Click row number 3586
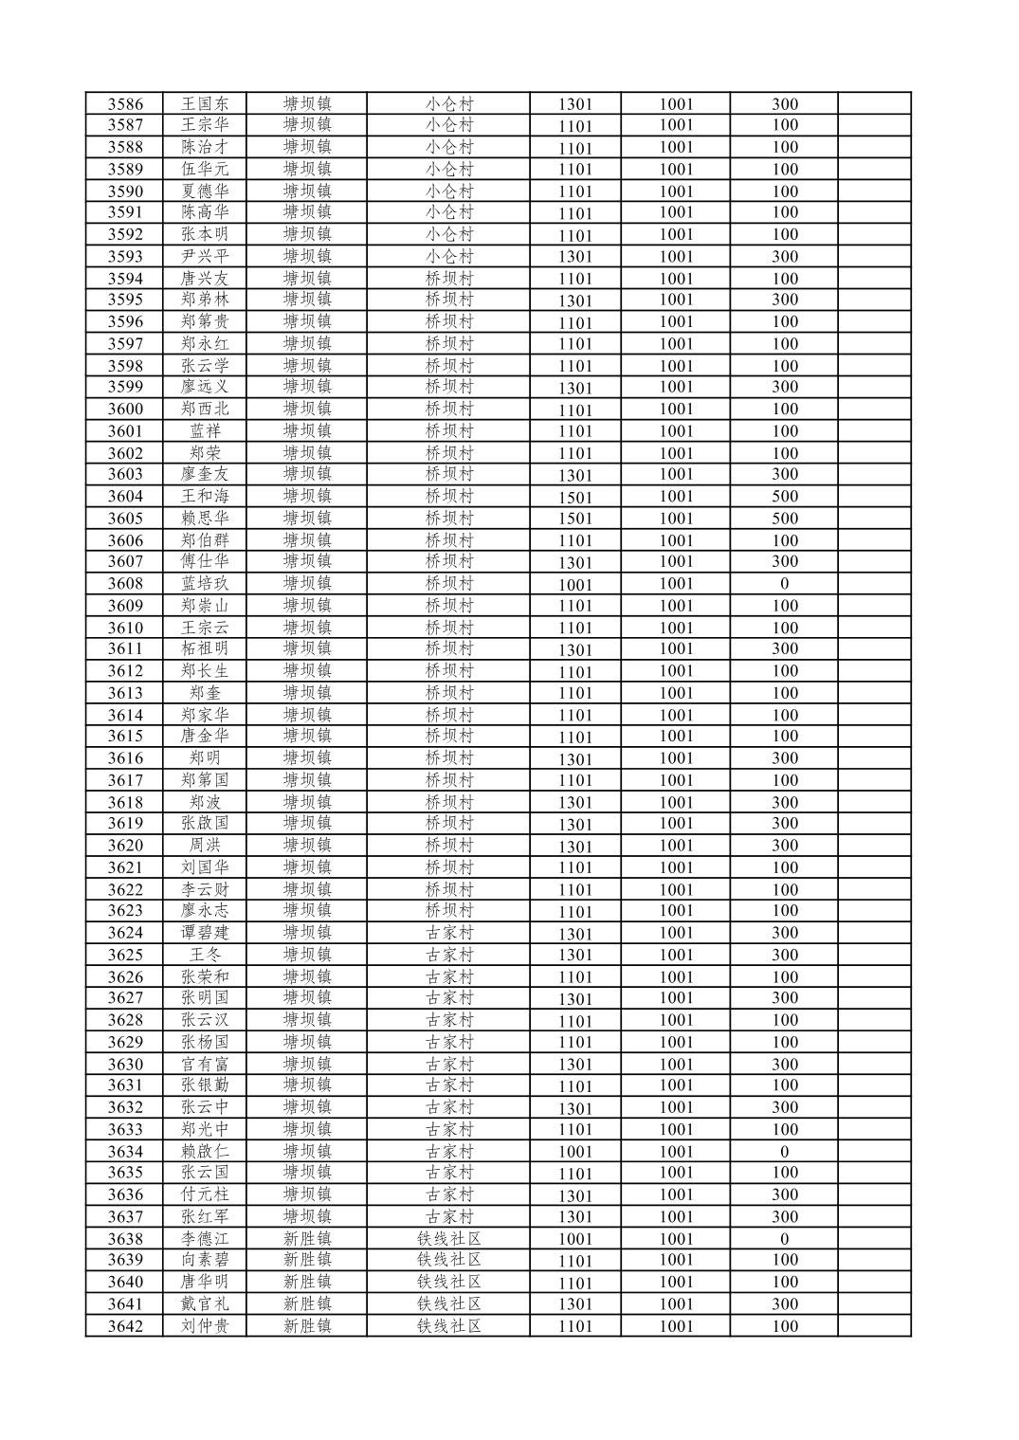(125, 104)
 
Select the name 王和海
(205, 496)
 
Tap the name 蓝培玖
(205, 583)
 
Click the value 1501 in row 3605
(574, 519)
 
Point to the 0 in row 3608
(784, 583)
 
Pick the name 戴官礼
(205, 1303)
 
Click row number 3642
(125, 1325)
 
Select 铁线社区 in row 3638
(448, 1238)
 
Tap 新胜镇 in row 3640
(307, 1282)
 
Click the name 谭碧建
(205, 932)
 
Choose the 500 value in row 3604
(784, 496)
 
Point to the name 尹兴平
(205, 256)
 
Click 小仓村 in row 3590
(448, 191)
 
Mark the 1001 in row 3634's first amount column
(574, 1152)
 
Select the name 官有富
(205, 1064)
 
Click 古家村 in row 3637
(448, 1216)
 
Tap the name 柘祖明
(205, 649)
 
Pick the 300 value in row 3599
(784, 387)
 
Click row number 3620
(125, 846)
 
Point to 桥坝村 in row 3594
(448, 278)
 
